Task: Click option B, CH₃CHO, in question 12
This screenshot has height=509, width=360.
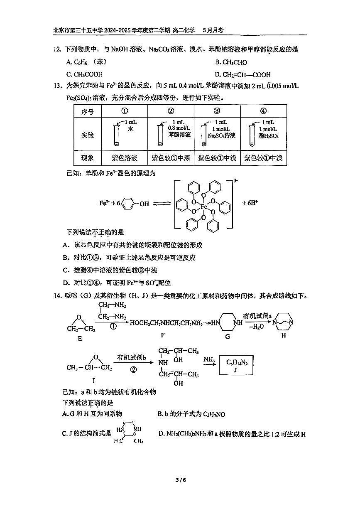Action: [231, 62]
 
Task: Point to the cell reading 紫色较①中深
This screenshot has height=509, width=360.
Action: [171, 158]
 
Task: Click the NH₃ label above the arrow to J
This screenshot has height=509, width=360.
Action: [209, 359]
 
